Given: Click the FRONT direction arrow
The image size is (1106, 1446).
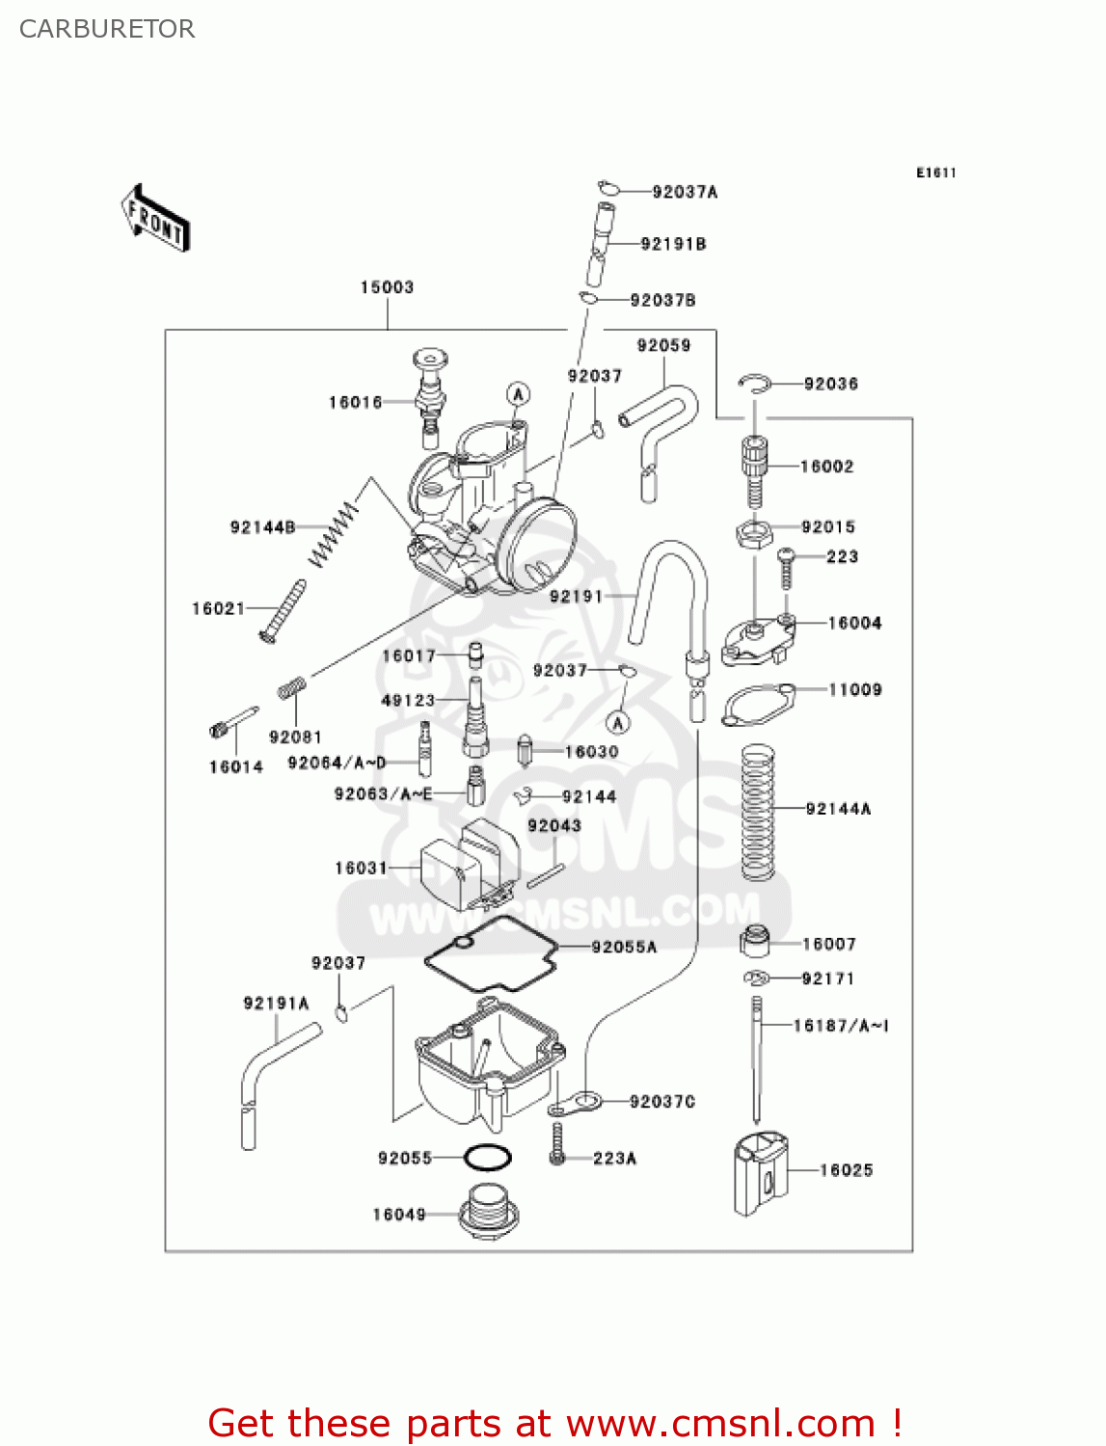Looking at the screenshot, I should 155,219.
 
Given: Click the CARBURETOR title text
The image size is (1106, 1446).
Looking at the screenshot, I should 107,29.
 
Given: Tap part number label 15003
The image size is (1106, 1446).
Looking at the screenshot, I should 387,287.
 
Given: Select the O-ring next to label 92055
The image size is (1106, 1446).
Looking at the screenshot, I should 488,1157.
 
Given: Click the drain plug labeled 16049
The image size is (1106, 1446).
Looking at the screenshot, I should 489,1212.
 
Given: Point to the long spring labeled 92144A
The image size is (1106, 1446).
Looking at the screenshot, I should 758,812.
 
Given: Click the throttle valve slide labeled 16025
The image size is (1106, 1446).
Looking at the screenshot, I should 760,1173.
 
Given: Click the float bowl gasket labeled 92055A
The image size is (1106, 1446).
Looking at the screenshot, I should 492,954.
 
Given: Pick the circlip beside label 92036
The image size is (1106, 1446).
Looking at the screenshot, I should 755,385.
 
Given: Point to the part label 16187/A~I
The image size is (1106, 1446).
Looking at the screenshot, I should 840,1026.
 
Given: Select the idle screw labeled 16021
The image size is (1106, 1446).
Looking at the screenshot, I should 282,611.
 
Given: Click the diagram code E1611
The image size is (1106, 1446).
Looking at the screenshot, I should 935,174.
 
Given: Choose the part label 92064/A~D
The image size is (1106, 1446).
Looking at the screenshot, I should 337,763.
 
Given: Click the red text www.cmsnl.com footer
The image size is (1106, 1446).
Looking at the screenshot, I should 554,1423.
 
